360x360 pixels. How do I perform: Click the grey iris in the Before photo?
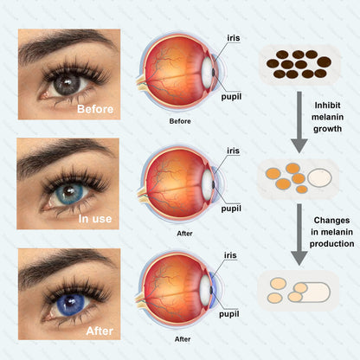tap(67, 84)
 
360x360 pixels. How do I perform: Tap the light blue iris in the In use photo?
tap(68, 193)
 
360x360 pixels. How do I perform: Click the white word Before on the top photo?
tap(95, 109)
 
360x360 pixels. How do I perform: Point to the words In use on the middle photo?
tap(95, 219)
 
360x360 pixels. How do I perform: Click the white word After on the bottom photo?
tap(100, 331)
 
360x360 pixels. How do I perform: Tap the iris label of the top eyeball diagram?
tap(234, 38)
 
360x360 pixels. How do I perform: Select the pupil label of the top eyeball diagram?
tap(231, 97)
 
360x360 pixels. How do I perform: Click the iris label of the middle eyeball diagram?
tap(233, 151)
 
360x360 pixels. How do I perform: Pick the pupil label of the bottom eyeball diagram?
tap(229, 314)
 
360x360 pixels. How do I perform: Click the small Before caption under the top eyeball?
tap(180, 121)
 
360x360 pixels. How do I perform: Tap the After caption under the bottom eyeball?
tap(183, 339)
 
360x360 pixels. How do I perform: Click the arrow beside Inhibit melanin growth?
tap(299, 122)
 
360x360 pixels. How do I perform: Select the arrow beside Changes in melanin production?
tap(299, 235)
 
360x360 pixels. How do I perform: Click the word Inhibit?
tap(327, 106)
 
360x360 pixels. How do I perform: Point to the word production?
tap(331, 244)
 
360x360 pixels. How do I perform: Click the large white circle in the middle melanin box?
tap(319, 177)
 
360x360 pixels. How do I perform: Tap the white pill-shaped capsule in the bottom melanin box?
tap(314, 292)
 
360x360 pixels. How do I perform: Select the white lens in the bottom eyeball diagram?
tap(205, 288)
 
